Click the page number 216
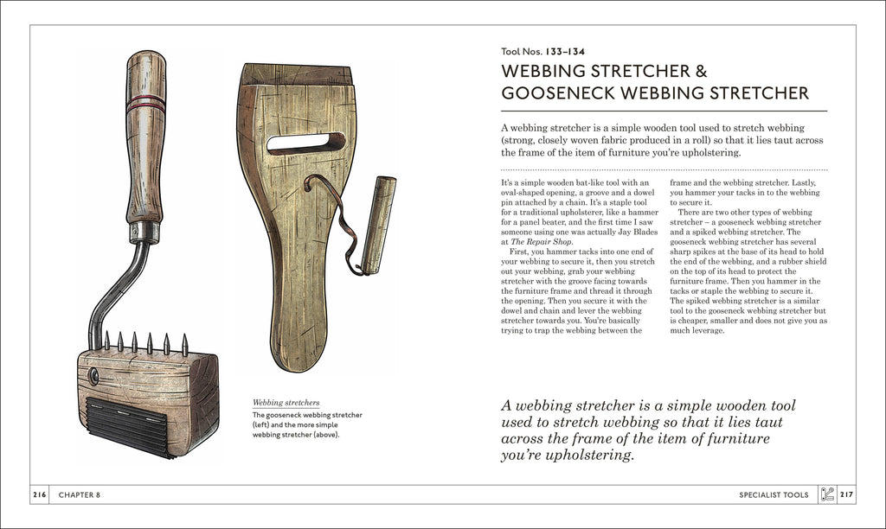[x=40, y=494]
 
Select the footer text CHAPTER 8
[x=80, y=494]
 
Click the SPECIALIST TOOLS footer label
[x=774, y=494]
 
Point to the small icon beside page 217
[x=826, y=494]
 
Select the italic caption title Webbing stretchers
[x=286, y=403]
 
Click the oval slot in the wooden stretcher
[x=305, y=143]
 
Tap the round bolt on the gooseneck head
[x=93, y=377]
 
